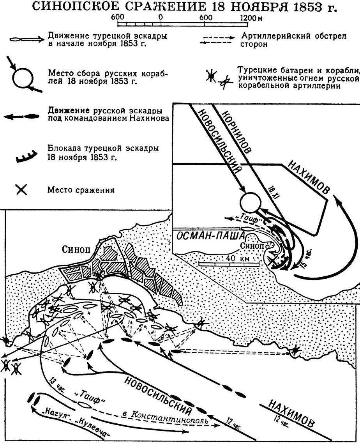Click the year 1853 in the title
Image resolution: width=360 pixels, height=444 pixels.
308,7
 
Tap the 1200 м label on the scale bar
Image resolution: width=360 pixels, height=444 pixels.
251,18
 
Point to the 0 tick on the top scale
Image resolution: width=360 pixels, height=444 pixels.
160,18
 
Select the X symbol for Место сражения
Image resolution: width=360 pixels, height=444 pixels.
22,190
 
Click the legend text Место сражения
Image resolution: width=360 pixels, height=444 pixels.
81,190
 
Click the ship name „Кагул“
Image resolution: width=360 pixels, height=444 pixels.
46,415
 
